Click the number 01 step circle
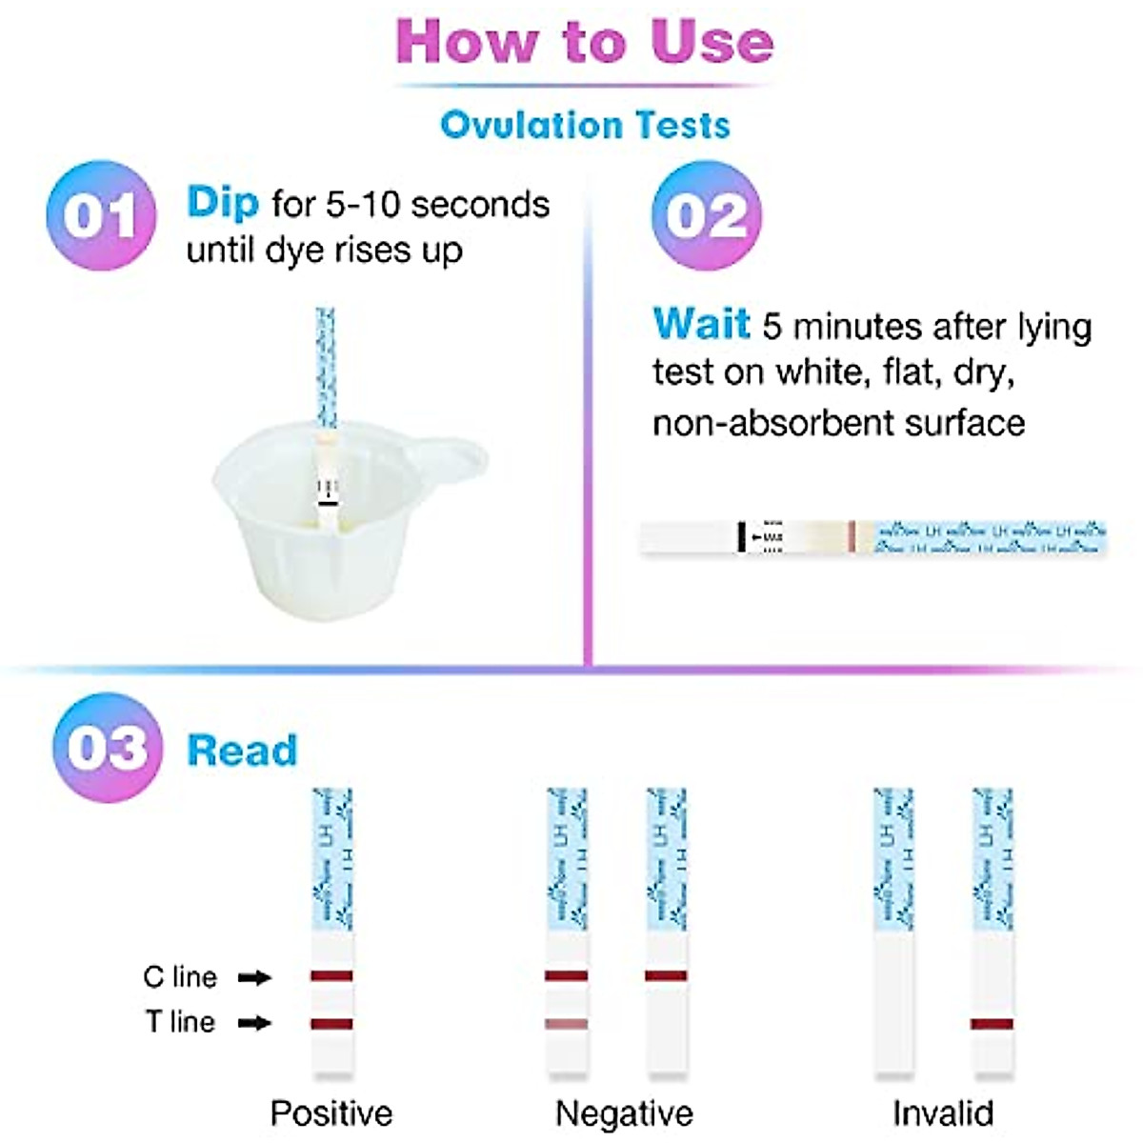coord(100,215)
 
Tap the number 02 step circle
coord(706,215)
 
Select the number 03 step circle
coord(107,748)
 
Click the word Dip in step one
coord(222,202)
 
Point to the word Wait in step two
coord(701,325)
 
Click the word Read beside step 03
coord(242,751)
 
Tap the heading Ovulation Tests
coord(585,125)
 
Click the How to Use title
coord(584,42)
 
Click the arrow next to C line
coord(254,977)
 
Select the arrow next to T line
coord(254,1023)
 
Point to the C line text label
coord(180,977)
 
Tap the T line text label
coord(180,1022)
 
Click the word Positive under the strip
coord(331,1113)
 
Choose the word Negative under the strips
coord(624,1113)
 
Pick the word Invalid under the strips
coord(943,1113)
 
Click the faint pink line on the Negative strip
coord(566,1024)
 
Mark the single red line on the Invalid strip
coord(992,1024)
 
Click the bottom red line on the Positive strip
coord(331,1024)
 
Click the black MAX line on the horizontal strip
coord(741,537)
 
